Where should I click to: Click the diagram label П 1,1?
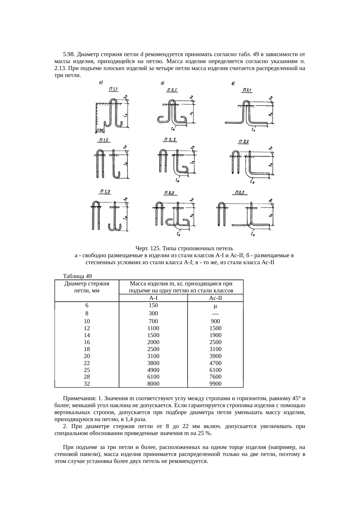114,89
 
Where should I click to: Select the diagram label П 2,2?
170,140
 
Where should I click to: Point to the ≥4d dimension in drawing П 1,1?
100,130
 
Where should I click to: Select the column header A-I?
153,298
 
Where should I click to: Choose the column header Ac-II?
215,298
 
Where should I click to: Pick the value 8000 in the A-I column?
153,384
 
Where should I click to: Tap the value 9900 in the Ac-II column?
215,384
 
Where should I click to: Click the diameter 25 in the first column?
87,370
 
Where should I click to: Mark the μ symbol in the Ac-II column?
215,306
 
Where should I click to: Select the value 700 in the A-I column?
153,321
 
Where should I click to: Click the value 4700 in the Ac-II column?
215,363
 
